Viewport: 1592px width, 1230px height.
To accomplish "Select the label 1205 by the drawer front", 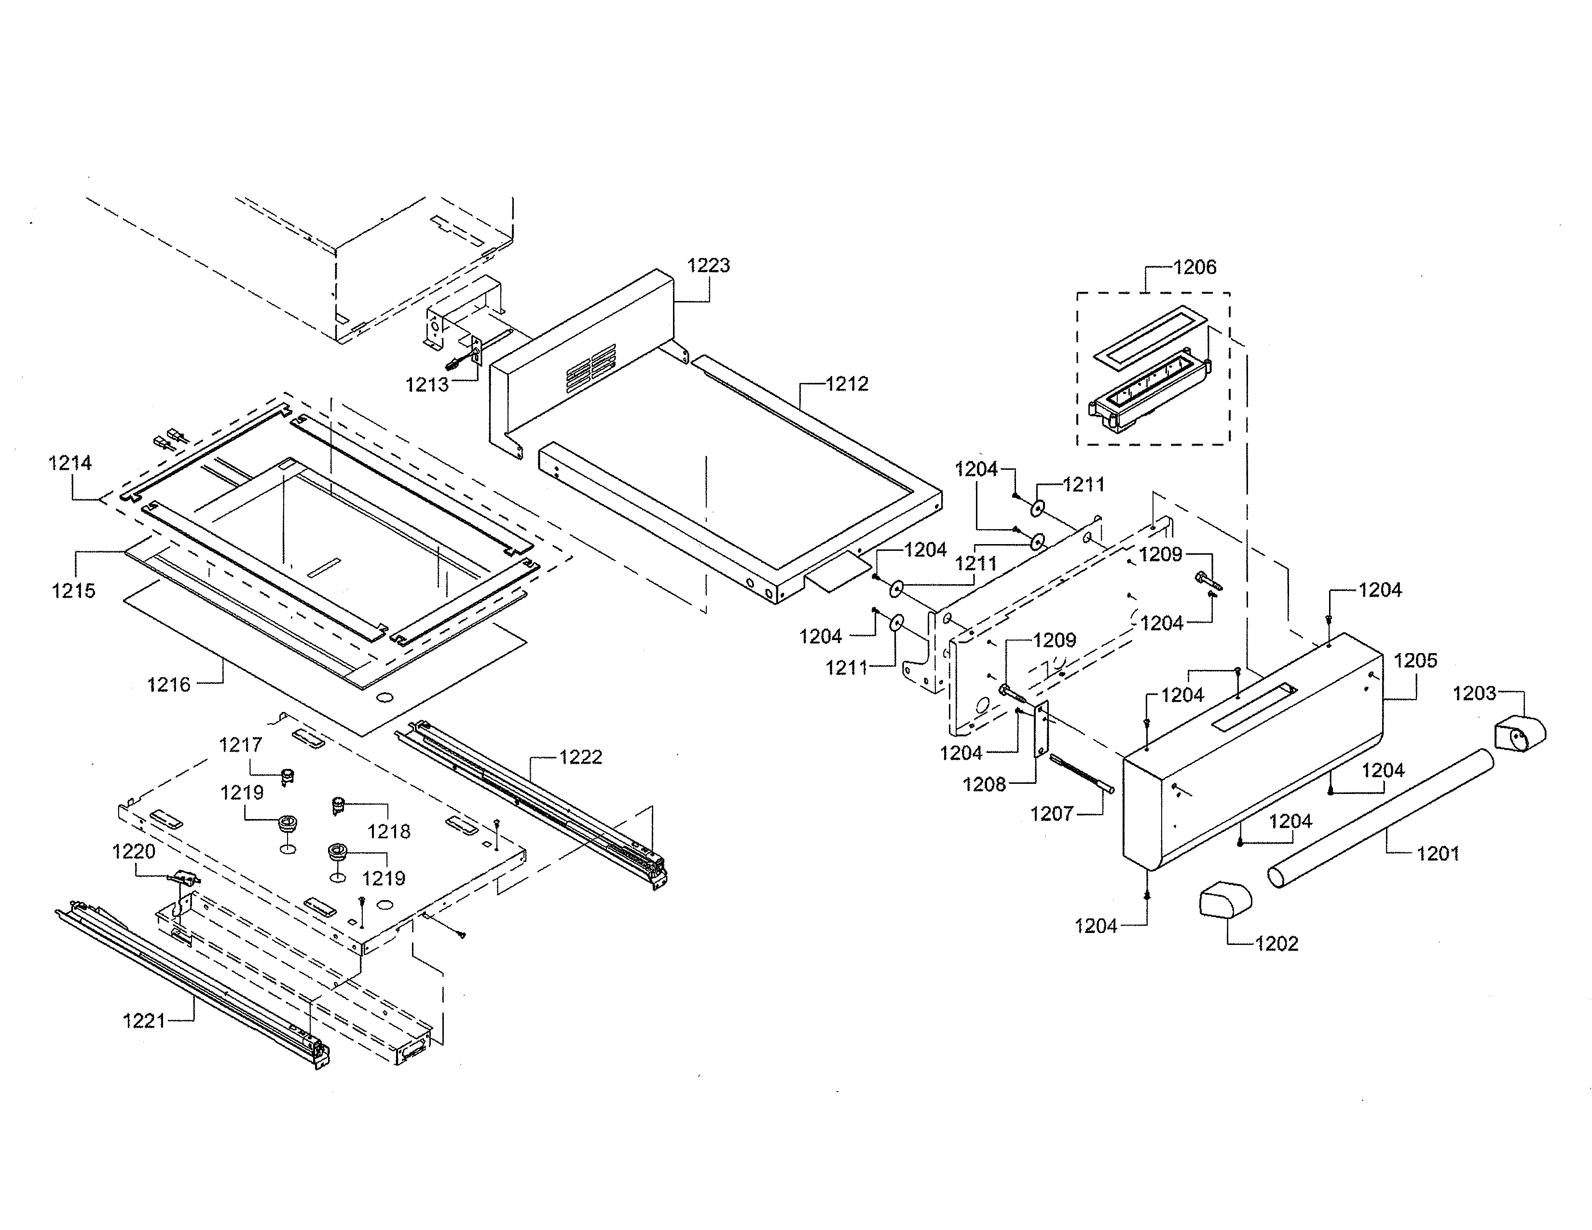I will click(x=1415, y=661).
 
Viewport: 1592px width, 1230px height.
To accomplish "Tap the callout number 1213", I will click(x=426, y=385).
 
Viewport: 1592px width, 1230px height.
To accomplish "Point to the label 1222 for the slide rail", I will click(x=580, y=758).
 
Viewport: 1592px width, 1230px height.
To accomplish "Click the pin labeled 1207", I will click(x=1082, y=773).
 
